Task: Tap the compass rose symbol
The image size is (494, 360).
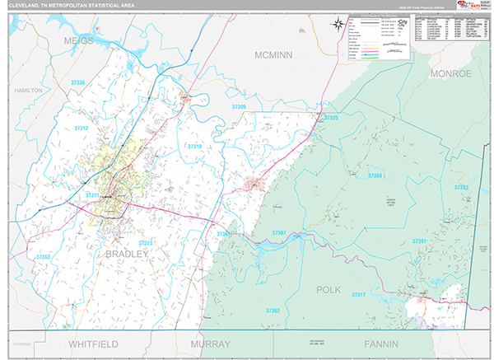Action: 338,23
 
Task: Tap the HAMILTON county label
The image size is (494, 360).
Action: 26,89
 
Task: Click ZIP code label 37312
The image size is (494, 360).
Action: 82,129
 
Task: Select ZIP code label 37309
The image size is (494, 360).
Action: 239,107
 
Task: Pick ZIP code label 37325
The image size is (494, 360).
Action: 331,119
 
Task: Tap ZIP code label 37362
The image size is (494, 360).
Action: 273,310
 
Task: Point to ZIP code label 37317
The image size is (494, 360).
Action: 358,295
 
